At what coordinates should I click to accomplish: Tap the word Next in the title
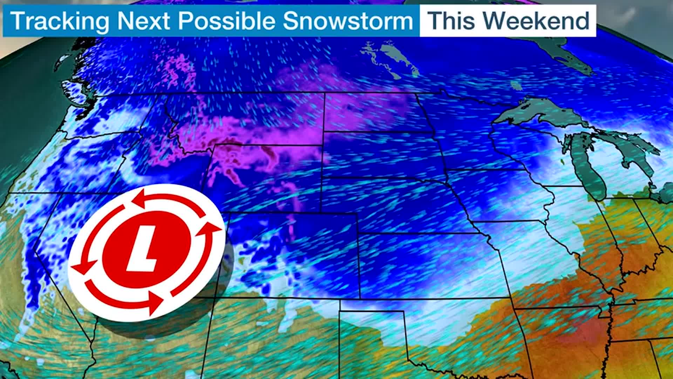(143, 21)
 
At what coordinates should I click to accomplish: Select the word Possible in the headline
(226, 21)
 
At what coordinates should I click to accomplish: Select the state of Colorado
(291, 256)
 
